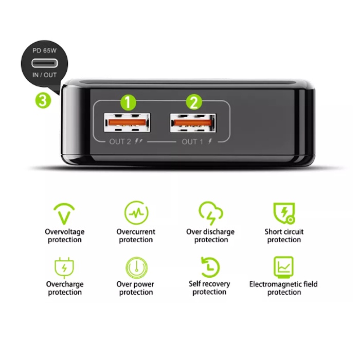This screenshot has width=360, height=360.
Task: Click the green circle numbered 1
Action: point(129,102)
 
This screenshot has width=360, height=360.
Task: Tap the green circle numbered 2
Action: point(194,102)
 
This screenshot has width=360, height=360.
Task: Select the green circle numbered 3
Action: point(43,100)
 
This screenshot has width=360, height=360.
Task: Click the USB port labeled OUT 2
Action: point(127,122)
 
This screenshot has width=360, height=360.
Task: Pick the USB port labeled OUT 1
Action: point(193,123)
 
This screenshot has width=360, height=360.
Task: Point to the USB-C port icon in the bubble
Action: point(45,63)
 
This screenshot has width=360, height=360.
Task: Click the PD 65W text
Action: point(45,50)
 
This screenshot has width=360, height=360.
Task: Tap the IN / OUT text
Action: point(45,75)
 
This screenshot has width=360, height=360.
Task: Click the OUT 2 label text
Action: point(120,141)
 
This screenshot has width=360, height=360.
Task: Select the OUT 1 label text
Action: point(192,141)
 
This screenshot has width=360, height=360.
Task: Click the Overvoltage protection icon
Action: point(64,213)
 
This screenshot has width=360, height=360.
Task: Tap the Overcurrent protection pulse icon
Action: point(136,212)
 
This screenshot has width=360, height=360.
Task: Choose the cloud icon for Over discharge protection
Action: point(210,213)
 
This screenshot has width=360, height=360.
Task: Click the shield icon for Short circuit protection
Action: point(284,213)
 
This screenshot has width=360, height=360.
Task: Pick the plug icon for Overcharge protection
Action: point(64,268)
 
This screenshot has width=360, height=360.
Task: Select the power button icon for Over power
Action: point(137,268)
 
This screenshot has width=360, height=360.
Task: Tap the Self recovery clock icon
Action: point(210,267)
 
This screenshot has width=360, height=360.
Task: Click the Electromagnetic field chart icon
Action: point(283,267)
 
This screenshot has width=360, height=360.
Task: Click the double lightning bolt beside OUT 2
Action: point(138,141)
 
